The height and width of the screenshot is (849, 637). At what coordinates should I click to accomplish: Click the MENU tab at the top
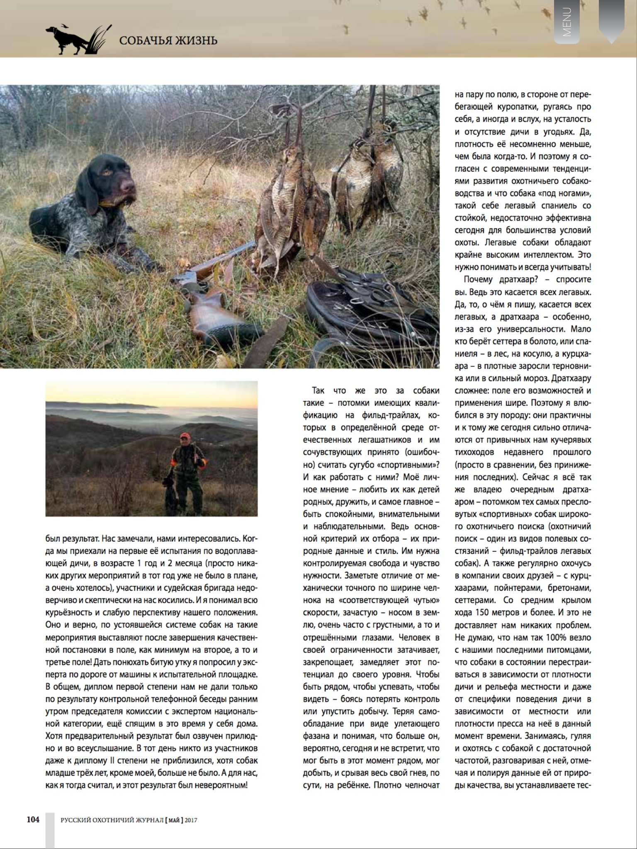tap(567, 22)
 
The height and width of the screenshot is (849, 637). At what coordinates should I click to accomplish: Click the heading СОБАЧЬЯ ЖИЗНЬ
tap(168, 41)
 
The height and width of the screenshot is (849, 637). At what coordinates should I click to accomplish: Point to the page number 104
tap(33, 820)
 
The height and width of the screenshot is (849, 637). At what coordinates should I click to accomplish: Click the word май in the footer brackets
tap(175, 820)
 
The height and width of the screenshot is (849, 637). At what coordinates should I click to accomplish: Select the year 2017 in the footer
tap(191, 820)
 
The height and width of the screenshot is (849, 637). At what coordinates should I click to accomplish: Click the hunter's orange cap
tap(185, 436)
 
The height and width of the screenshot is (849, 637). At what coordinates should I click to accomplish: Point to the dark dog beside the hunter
tap(170, 495)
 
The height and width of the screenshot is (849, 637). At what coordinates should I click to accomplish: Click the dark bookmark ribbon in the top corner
tap(611, 21)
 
